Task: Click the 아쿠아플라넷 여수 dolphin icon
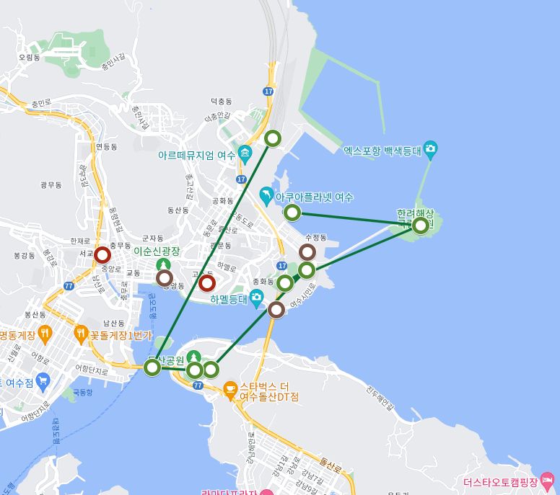(267, 196)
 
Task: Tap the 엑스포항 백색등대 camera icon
(431, 151)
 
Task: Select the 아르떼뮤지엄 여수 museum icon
(245, 154)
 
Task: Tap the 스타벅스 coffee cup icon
(230, 390)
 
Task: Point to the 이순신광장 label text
(157, 251)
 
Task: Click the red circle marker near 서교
(102, 255)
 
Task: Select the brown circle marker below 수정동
(307, 252)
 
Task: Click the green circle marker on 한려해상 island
(420, 226)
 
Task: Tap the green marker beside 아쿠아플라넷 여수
(292, 212)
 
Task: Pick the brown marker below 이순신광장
(165, 277)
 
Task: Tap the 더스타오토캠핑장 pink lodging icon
(547, 481)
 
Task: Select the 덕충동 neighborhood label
(222, 102)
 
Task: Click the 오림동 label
(30, 57)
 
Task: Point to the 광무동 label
(51, 185)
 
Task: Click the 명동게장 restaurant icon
(45, 334)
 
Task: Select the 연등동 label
(105, 146)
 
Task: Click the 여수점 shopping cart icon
(43, 380)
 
